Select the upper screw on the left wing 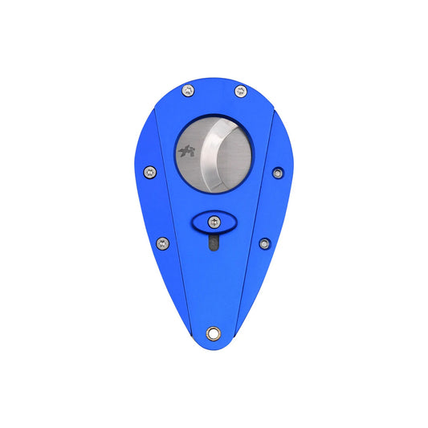(149, 171)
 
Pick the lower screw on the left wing (163, 243)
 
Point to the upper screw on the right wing (278, 173)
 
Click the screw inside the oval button (214, 222)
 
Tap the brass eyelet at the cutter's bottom (214, 332)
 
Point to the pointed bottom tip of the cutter (214, 347)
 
